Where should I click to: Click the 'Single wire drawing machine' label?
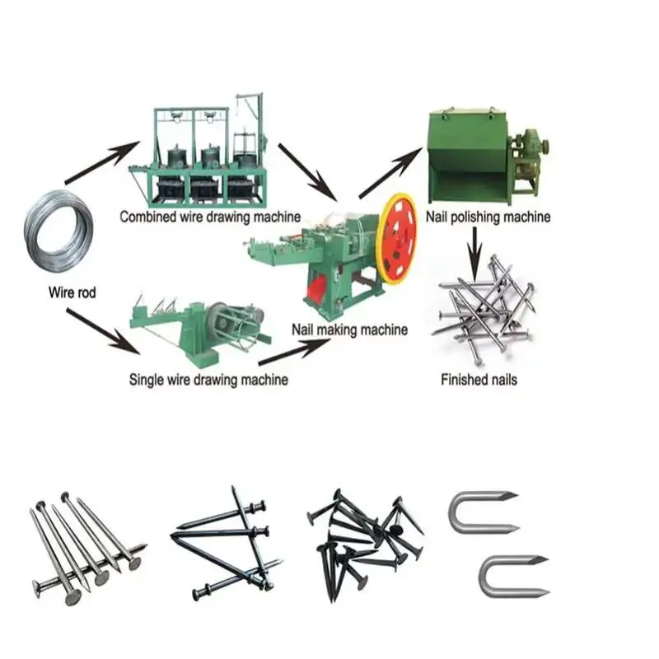pos(208,380)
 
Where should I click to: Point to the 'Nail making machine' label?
pos(349,329)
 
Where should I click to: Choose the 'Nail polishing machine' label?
pos(488,217)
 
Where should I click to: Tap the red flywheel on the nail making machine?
pos(398,239)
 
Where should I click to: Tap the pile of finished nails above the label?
pos(486,305)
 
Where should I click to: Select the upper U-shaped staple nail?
pos(481,511)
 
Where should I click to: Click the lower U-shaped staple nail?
pos(512,577)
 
